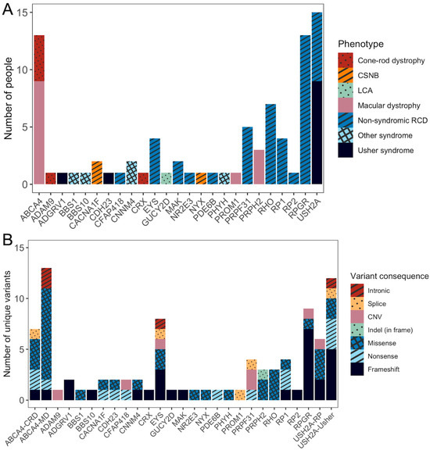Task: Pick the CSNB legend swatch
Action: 347,78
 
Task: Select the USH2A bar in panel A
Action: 317,98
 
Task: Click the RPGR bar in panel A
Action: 304,109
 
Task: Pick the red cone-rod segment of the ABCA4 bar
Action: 39,58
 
